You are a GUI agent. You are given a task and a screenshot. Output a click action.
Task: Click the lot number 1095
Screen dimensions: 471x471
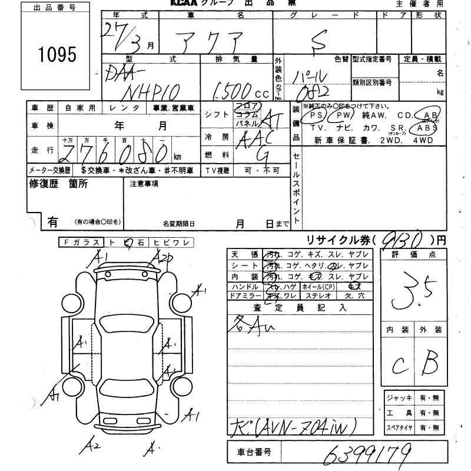[x=57, y=55]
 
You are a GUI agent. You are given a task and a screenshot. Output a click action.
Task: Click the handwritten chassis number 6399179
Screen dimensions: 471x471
[x=366, y=454]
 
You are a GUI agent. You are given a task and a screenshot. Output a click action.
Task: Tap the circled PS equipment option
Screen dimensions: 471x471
[x=317, y=116]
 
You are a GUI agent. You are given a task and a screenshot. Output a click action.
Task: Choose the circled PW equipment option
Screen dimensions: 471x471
[x=343, y=116]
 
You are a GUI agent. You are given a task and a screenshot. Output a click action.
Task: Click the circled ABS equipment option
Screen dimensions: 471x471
[x=427, y=127]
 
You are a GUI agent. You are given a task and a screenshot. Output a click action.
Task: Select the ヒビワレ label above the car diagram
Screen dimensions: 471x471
[x=171, y=243]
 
